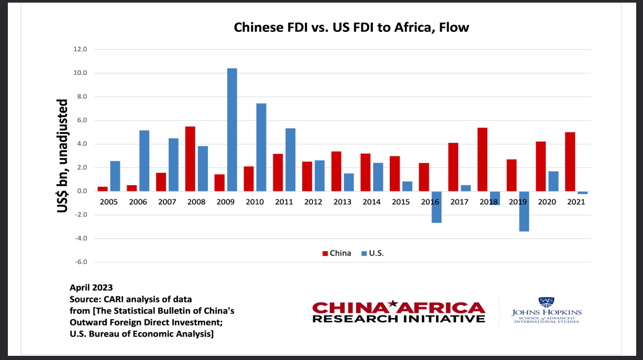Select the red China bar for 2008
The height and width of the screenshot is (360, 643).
(190, 159)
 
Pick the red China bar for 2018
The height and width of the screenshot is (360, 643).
(483, 160)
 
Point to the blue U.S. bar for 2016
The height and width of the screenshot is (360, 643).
(437, 207)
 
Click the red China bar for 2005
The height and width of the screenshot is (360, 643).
(103, 189)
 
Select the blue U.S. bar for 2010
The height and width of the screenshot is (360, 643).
(261, 148)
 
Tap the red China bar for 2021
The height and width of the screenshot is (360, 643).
(570, 162)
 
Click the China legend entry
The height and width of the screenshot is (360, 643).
(336, 253)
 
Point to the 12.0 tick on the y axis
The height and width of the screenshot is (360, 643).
(80, 50)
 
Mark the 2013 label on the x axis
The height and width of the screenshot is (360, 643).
(342, 202)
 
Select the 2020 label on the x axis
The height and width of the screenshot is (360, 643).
(547, 202)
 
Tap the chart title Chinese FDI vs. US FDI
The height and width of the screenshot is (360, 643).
(351, 27)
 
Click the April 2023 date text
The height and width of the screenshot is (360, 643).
(91, 287)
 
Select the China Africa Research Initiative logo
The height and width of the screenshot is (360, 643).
(398, 312)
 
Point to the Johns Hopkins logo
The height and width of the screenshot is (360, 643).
(546, 311)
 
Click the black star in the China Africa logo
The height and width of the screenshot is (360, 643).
(394, 303)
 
